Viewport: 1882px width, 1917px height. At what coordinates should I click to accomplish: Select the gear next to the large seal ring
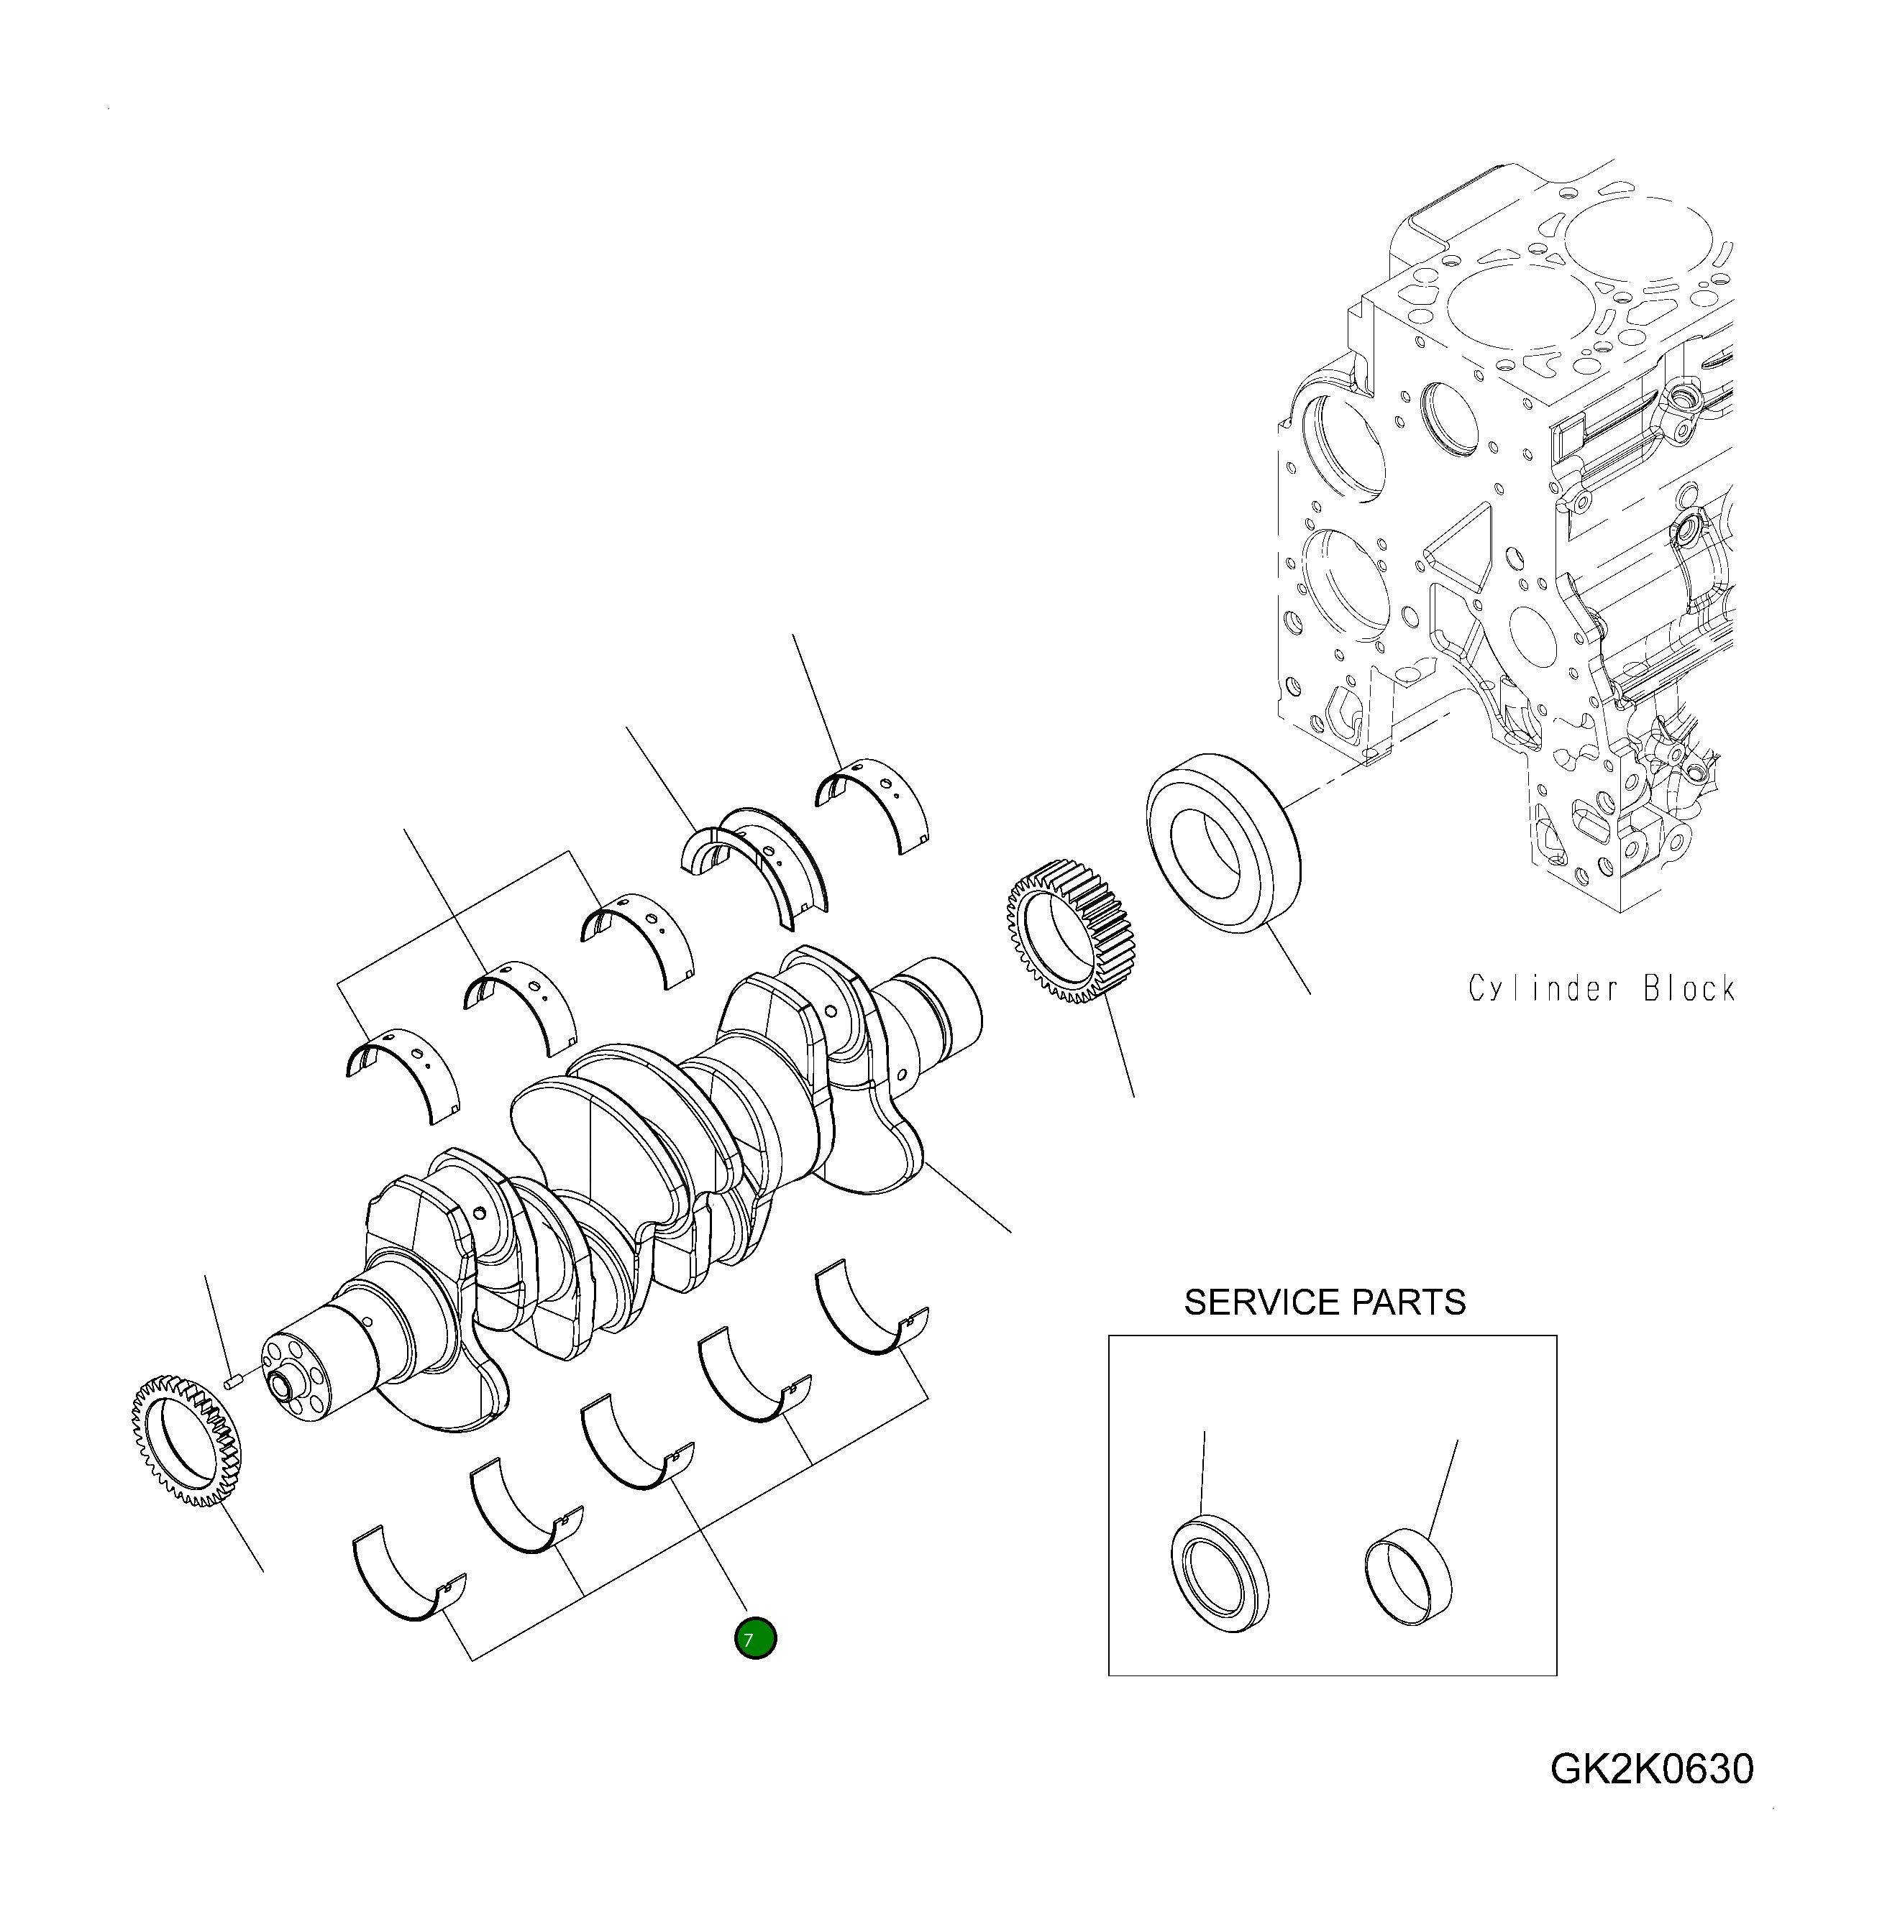tap(1072, 932)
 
